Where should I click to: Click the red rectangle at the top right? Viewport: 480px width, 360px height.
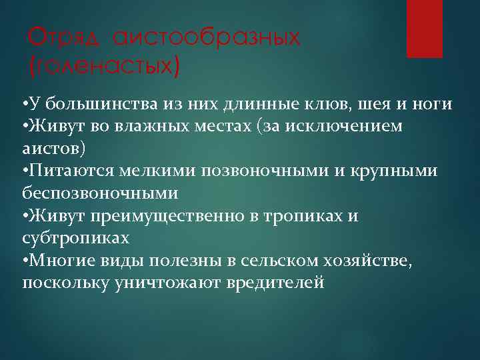tap(425, 29)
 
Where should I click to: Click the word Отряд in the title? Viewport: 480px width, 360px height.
tap(65, 38)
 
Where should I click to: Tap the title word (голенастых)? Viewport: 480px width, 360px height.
tap(103, 65)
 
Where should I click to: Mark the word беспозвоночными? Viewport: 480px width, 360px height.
tap(100, 193)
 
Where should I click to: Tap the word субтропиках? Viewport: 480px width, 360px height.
tap(75, 237)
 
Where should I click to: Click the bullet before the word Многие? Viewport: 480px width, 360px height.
tap(25, 259)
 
